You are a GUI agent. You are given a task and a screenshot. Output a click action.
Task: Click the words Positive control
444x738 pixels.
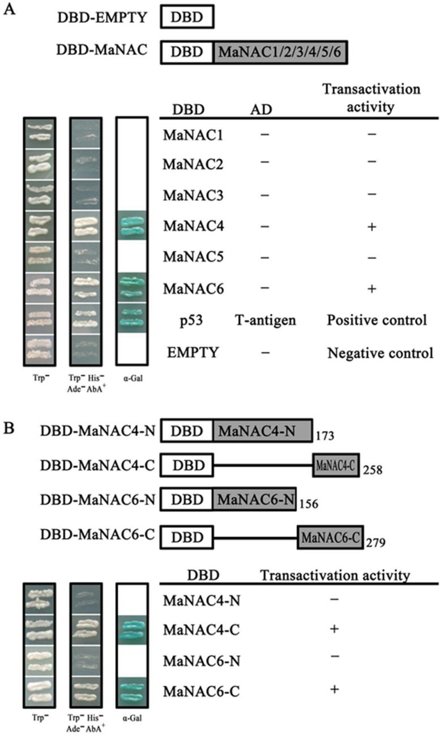(376, 321)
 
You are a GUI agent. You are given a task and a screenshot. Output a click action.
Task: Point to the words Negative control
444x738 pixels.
(380, 354)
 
